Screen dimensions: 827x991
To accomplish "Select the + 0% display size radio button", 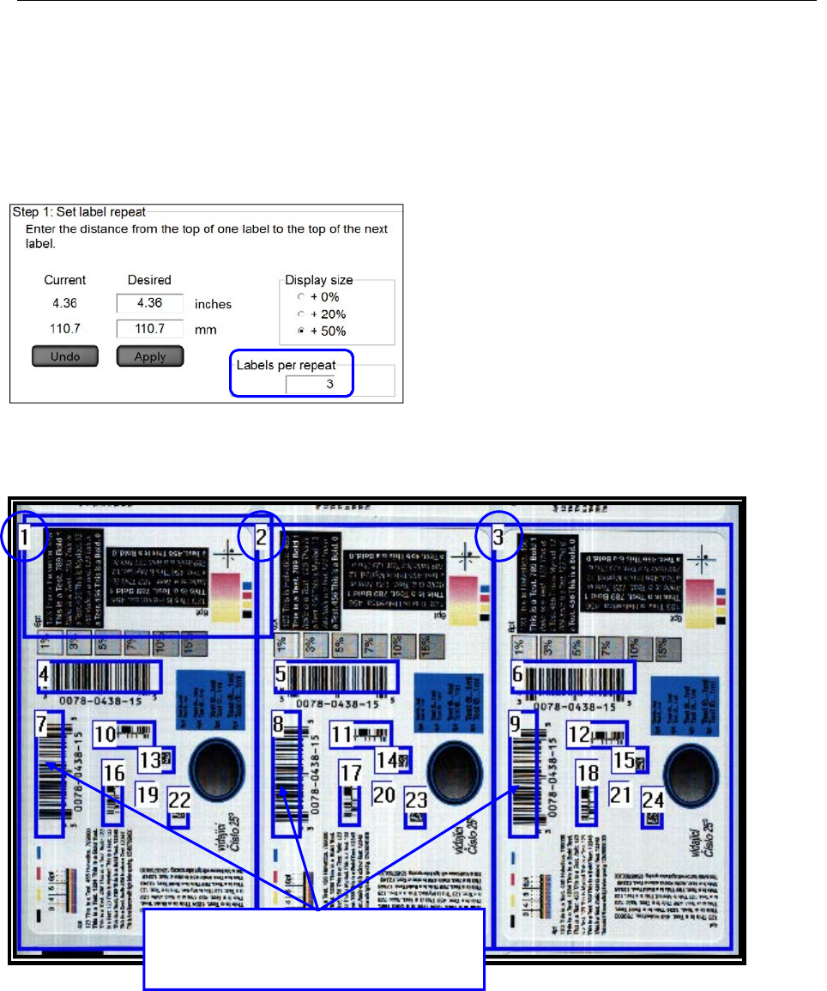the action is coord(301,297).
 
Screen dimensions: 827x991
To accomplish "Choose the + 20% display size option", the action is coord(301,313).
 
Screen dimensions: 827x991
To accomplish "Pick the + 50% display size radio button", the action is coord(301,331).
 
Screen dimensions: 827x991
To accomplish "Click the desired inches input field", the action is coord(151,304).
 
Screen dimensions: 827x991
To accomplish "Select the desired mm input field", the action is coord(151,328).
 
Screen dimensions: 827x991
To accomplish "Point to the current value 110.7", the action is coord(65,328).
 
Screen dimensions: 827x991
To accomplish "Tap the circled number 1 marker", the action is coord(27,538).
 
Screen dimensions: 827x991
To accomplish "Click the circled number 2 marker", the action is coord(263,538).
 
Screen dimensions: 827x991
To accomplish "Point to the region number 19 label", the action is coord(148,794).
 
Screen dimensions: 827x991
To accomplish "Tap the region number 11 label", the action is coord(342,735).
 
